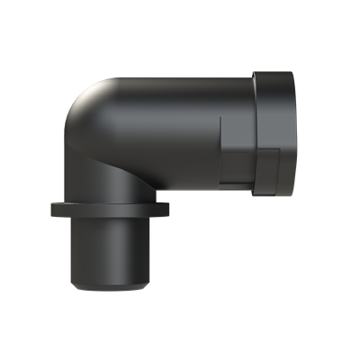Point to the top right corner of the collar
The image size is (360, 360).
click(295, 72)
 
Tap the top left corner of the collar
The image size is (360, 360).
click(257, 72)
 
